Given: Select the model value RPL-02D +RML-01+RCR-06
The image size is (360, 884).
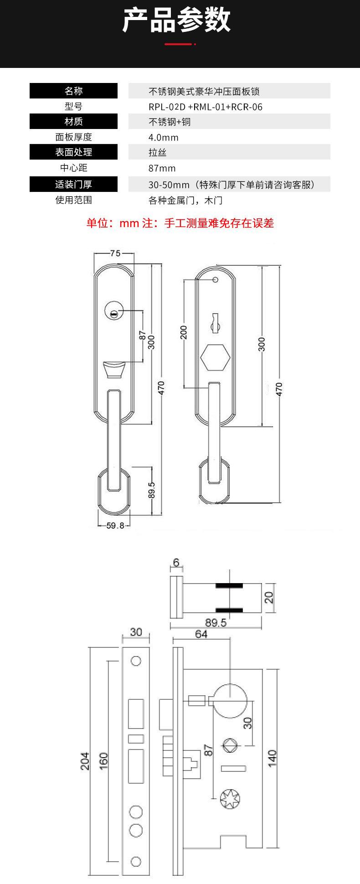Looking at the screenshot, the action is click(206, 107).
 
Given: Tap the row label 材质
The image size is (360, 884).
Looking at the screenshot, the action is click(74, 122).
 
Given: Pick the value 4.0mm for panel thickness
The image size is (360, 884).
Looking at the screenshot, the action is click(163, 138).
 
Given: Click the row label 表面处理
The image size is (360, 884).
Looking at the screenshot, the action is click(74, 152).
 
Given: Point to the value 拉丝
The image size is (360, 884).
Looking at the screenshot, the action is click(158, 153).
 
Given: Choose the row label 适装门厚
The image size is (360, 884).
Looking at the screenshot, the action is click(74, 185).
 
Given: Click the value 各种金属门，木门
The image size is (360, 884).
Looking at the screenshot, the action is click(185, 201).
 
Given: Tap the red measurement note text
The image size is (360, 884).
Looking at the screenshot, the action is click(180, 223).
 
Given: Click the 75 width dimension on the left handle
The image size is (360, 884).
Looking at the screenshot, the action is click(115, 253).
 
